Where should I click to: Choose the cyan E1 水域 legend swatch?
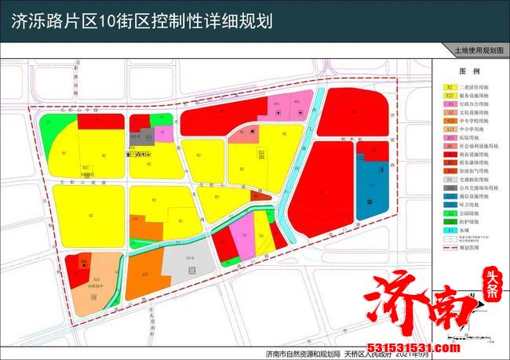450,228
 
